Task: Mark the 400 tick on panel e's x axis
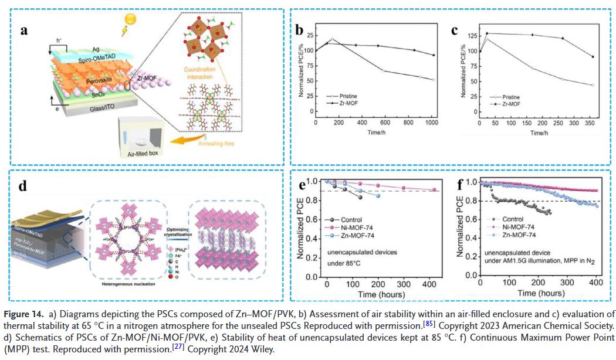[430, 284]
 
